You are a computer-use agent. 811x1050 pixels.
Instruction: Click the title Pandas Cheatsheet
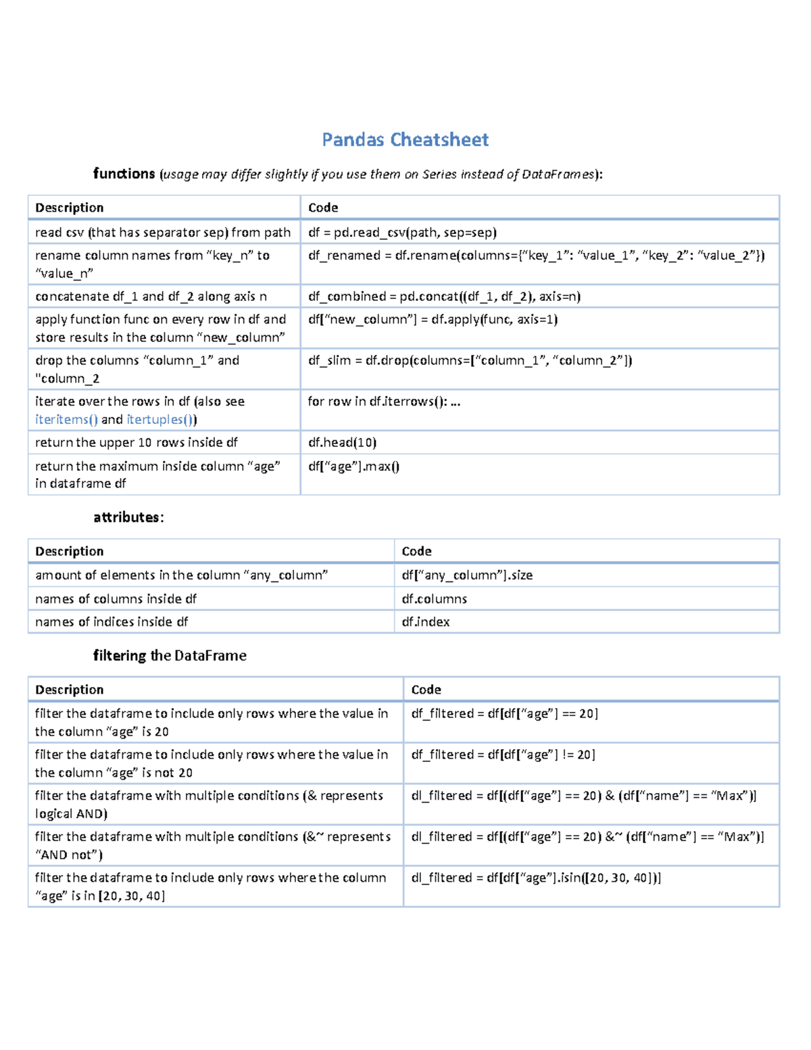point(405,140)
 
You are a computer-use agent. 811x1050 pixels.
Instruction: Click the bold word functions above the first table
point(124,174)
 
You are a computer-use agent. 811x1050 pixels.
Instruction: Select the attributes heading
point(128,517)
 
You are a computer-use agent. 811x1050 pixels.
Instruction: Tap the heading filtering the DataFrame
point(170,655)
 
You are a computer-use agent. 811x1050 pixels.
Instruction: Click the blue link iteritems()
point(66,419)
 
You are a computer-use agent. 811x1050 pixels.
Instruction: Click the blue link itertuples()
point(162,419)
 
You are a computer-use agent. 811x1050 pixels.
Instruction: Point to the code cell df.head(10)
point(342,442)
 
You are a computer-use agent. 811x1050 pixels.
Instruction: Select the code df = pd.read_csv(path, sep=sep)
point(402,233)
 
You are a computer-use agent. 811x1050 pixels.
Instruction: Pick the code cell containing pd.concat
point(444,296)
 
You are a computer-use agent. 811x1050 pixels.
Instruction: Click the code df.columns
point(434,598)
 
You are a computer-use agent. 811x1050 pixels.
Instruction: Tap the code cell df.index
point(425,621)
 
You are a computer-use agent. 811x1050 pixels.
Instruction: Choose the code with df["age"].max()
point(353,466)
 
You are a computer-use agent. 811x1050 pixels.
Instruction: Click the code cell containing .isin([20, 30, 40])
point(536,878)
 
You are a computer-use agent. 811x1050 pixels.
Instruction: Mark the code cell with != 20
point(503,755)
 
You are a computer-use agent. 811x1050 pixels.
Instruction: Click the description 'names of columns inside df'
point(116,598)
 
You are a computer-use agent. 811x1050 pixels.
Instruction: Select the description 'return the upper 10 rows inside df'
point(136,442)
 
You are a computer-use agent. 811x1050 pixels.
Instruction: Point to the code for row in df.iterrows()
point(383,402)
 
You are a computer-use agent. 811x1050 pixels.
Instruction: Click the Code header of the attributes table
point(416,551)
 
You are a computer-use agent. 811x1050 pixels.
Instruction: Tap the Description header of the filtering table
point(69,690)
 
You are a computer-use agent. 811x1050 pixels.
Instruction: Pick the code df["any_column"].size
point(467,575)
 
